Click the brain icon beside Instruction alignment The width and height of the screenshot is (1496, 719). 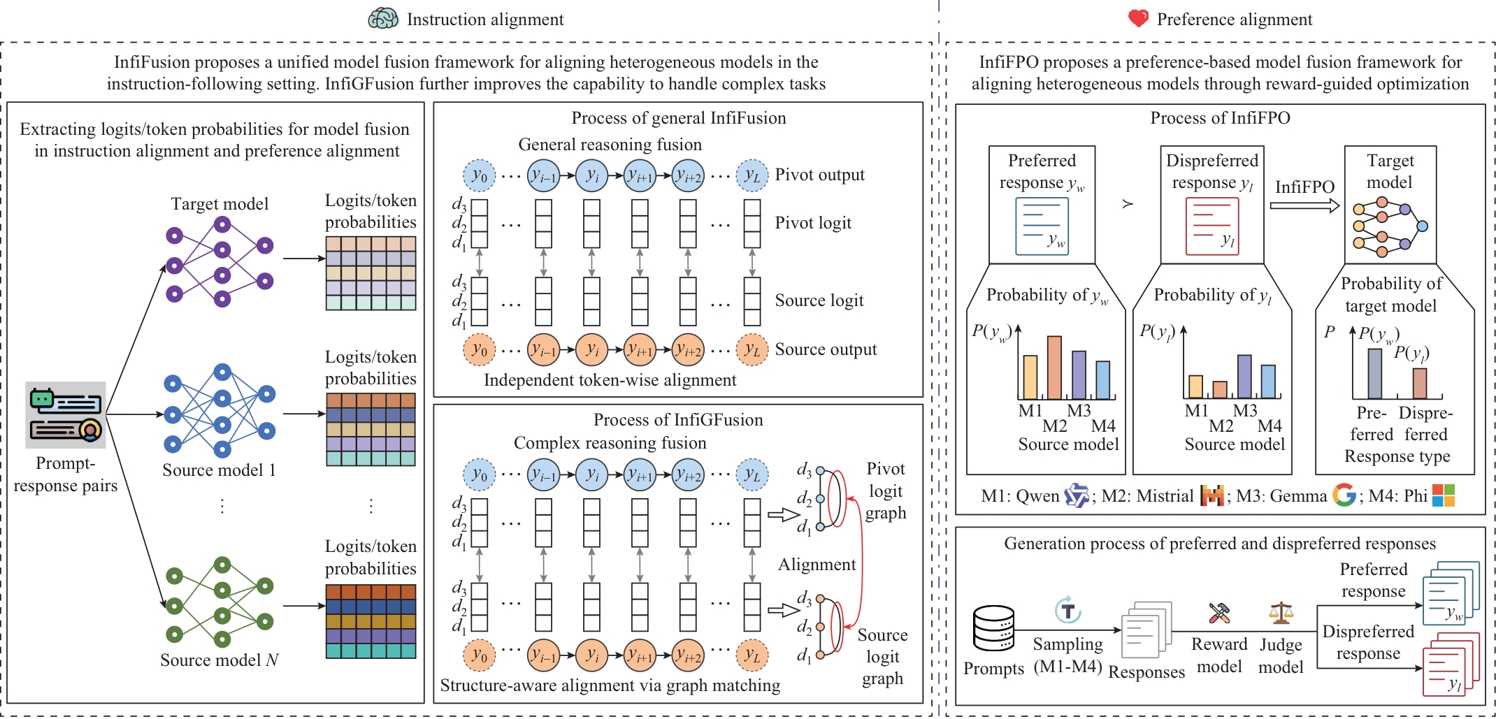383,18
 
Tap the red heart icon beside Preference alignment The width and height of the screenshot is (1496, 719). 1138,18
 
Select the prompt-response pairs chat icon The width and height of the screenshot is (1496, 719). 66,414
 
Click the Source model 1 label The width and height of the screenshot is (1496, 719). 219,470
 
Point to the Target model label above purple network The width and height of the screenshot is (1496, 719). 220,204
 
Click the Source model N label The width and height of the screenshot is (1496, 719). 219,660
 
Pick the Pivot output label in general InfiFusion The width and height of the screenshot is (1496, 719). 819,175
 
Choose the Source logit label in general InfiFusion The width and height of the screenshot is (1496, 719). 819,300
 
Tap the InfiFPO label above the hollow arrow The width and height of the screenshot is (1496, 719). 1304,187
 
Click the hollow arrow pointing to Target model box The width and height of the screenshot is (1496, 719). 1304,205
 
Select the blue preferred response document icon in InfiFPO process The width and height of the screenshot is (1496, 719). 1042,226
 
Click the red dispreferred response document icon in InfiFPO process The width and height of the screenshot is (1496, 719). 1211,226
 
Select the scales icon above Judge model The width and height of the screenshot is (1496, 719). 1281,613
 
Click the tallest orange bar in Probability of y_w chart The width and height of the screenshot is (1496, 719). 1054,368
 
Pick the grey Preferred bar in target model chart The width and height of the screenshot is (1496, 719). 1374,373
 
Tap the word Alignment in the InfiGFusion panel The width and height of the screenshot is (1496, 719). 817,565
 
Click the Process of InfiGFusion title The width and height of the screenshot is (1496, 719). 678,420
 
